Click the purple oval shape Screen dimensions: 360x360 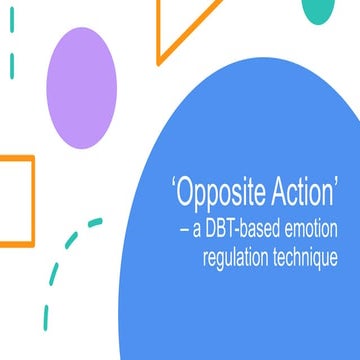(x=83, y=82)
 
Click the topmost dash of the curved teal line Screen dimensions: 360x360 (x=95, y=223)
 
